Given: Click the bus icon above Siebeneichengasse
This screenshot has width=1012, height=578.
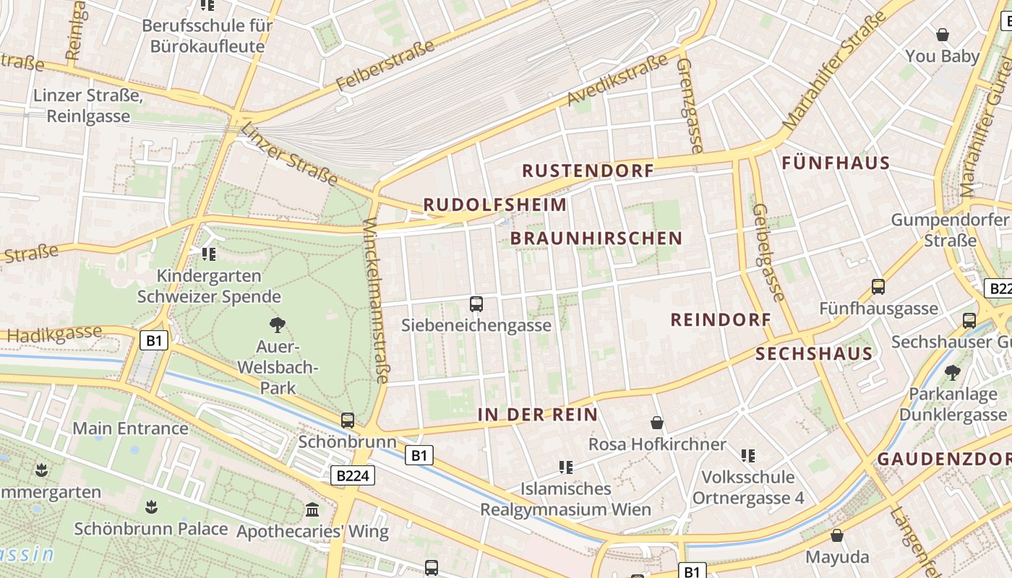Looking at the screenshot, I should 476,304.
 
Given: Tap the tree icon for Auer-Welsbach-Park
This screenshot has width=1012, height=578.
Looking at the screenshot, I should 277,324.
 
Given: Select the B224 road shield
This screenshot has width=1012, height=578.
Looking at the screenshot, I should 353,475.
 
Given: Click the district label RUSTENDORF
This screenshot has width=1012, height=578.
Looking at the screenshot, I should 588,171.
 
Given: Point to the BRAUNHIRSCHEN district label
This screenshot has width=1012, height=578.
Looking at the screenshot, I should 596,238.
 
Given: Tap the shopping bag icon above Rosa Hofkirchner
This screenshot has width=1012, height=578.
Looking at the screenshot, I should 657,423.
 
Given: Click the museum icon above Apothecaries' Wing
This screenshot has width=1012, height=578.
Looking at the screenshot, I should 312,510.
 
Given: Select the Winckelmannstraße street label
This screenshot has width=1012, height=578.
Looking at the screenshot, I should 377,300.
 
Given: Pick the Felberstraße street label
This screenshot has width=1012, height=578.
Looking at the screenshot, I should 386,66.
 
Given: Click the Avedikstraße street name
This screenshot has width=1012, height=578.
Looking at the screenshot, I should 618,79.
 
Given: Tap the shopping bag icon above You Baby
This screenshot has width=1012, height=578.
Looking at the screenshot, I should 943,35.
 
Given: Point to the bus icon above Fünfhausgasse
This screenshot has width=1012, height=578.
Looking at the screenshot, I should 878,287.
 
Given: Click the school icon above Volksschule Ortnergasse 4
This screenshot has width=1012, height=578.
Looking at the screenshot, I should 748,456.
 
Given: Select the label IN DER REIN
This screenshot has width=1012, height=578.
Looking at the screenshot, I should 538,415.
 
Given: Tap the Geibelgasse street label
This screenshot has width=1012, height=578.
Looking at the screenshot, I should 768,252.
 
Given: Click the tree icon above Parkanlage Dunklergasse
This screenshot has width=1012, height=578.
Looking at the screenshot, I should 953,373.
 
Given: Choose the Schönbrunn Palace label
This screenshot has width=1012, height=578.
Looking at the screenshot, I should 151,529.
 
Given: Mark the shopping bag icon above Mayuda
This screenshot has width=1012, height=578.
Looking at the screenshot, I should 837,536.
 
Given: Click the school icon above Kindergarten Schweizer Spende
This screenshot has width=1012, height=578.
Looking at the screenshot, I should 209,254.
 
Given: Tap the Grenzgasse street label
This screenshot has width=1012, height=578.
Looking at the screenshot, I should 690,105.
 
